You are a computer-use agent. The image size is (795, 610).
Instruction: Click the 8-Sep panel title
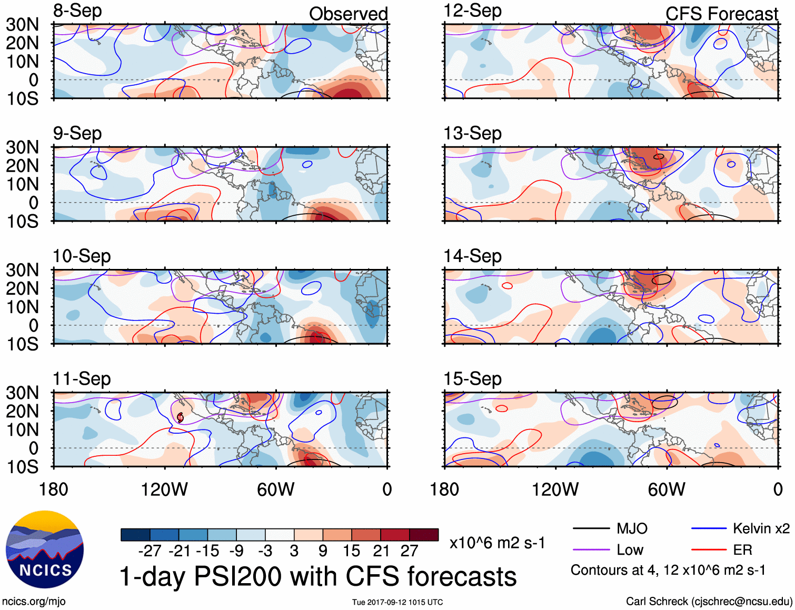[x=77, y=11]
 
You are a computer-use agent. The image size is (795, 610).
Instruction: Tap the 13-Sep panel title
[x=472, y=134]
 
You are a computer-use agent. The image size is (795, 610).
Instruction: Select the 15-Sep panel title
[x=472, y=379]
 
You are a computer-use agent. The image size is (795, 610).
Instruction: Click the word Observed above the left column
[x=348, y=14]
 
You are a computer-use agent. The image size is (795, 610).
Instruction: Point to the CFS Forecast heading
[x=721, y=14]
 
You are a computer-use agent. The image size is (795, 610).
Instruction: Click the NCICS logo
[x=45, y=549]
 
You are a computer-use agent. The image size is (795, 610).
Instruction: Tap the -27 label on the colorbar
[x=150, y=551]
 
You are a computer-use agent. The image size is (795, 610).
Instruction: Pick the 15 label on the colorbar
[x=351, y=551]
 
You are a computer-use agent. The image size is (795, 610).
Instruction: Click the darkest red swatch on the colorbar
[x=424, y=535]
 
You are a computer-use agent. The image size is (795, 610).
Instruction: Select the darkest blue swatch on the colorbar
[x=135, y=535]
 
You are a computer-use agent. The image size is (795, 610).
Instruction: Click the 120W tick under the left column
[x=164, y=490]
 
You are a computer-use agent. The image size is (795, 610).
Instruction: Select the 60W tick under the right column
[x=667, y=490]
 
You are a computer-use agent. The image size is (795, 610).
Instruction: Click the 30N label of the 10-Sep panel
[x=22, y=271]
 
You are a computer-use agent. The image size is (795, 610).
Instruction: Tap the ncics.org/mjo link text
[x=34, y=602]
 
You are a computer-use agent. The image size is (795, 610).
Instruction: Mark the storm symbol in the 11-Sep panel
[x=180, y=417]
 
